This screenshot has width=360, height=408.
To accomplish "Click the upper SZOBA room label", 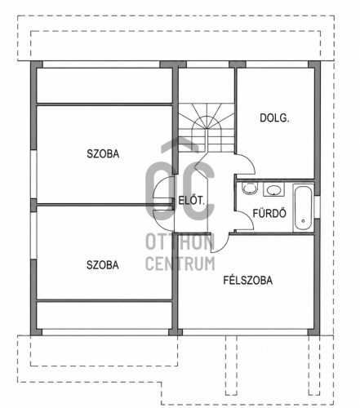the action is [103, 153].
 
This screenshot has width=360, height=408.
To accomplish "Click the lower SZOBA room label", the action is [103, 265].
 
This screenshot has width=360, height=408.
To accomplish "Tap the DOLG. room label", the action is [274, 118].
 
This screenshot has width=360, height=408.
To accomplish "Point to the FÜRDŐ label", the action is [269, 213].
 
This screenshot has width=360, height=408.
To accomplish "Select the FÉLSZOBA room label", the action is [248, 280].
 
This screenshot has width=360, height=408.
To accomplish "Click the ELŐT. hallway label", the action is [191, 201].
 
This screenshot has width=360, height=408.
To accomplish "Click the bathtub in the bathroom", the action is [304, 208].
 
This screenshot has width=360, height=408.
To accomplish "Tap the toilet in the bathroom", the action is [250, 188].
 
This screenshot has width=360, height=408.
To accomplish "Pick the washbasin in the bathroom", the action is [273, 189].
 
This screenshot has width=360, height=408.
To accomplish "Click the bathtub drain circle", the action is [303, 221].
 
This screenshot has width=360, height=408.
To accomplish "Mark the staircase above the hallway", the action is [207, 127].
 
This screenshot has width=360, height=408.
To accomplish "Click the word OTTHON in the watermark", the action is [180, 242].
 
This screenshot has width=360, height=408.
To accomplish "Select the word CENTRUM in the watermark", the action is [180, 263].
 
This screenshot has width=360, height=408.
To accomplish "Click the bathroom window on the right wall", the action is [318, 206].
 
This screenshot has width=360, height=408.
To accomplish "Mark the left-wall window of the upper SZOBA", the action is [33, 174].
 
